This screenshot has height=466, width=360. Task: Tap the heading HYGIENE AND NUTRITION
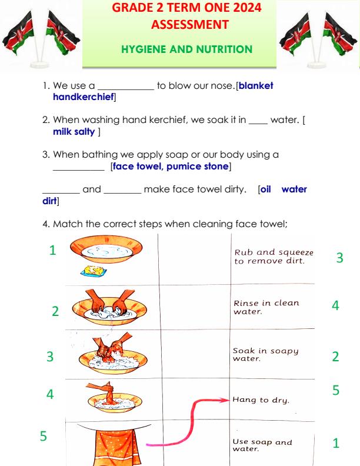tap(178, 49)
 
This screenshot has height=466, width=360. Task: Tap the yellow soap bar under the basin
tap(94, 271)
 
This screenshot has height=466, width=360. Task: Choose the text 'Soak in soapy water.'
tap(265, 354)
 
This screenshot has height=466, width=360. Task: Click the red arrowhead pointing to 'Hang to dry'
tap(224, 400)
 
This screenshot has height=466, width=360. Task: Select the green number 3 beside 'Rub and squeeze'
tap(339, 257)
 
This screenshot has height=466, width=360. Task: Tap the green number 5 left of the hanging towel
tap(42, 437)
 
